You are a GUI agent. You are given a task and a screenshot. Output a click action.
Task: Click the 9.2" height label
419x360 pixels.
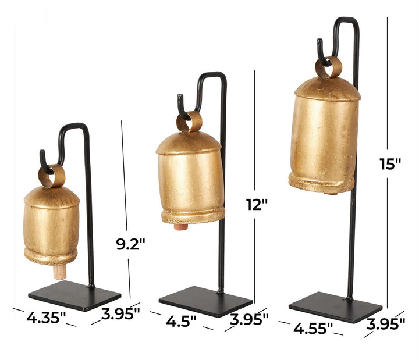[x=131, y=244]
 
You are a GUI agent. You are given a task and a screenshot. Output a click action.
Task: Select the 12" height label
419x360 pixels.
[x=257, y=205]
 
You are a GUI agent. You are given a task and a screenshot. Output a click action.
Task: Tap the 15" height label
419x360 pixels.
[x=390, y=163]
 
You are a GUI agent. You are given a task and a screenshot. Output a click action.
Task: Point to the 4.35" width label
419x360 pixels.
[x=46, y=318]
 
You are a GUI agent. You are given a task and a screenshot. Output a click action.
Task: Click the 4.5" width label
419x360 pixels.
[x=181, y=320]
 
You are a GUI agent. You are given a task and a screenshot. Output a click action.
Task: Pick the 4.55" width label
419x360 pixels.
[x=313, y=328]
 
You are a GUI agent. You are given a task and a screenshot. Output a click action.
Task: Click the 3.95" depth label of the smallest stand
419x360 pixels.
[x=120, y=313]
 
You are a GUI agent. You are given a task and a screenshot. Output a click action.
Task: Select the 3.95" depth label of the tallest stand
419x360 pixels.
[x=386, y=324]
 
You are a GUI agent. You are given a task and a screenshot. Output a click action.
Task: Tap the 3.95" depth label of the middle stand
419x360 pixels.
[x=249, y=319]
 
